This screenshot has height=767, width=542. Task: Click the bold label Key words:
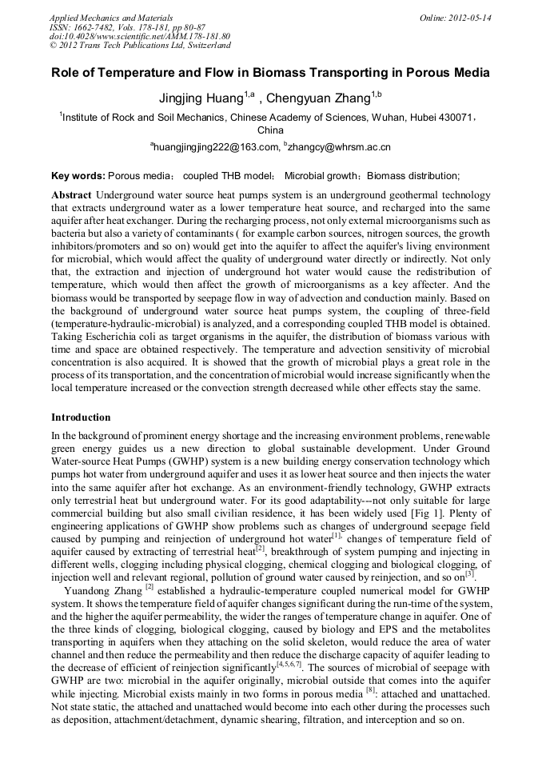tap(78, 176)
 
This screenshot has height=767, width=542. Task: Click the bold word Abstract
tap(71, 195)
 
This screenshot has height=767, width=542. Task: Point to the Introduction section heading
tap(81, 417)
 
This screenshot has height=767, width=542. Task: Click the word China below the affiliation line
tap(270, 130)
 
